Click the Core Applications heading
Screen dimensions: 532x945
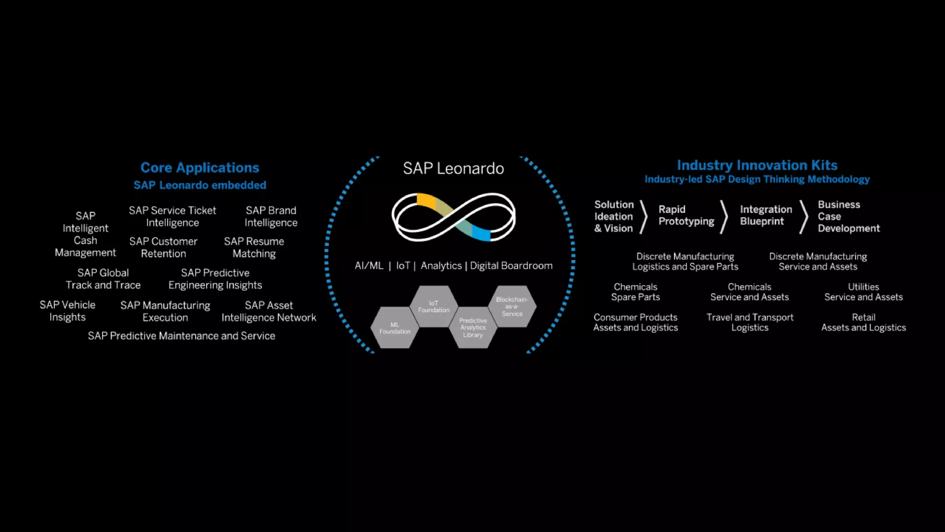(200, 168)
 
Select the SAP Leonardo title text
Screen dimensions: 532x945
(453, 169)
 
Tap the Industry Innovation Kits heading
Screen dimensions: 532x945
(757, 165)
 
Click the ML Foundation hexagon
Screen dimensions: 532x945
(395, 328)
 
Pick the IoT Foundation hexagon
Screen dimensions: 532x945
(434, 307)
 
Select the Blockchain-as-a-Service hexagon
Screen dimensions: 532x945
(512, 306)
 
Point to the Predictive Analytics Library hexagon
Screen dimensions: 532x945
(473, 327)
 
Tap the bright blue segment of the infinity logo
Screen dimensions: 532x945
(481, 233)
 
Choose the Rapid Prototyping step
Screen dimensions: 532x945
(686, 215)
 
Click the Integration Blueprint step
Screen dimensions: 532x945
(766, 215)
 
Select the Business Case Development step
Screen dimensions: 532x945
(848, 216)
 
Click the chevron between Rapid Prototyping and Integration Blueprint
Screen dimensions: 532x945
(724, 216)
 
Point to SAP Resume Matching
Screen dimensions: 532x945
(254, 248)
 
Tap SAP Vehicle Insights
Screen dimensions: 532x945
(67, 311)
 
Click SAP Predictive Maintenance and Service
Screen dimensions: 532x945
(181, 336)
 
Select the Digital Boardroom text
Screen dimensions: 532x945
(511, 266)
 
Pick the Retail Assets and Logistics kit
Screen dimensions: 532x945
(863, 322)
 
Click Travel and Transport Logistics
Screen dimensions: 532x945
(750, 322)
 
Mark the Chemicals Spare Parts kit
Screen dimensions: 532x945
(635, 292)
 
